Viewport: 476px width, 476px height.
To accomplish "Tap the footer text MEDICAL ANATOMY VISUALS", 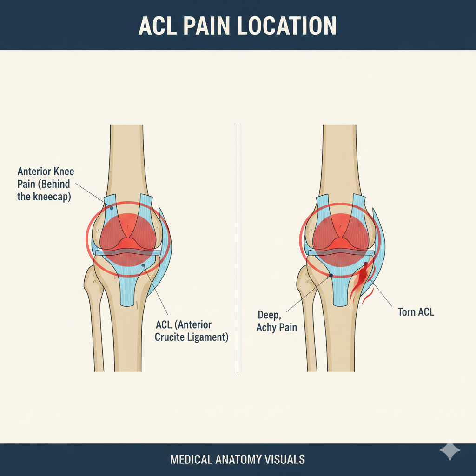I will pyautogui.click(x=238, y=460).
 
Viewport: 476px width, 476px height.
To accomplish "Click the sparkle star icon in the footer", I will pyautogui.click(x=450, y=450).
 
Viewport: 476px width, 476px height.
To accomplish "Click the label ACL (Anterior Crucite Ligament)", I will pyautogui.click(x=192, y=331).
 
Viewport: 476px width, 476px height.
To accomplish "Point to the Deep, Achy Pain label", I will pyautogui.click(x=277, y=321).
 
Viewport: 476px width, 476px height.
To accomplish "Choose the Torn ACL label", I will pyautogui.click(x=416, y=312).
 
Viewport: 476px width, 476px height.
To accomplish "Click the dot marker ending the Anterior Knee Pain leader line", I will pyautogui.click(x=112, y=208).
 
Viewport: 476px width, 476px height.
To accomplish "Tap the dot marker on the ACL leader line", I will pyautogui.click(x=143, y=265).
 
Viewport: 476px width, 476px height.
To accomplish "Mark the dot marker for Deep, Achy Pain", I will pyautogui.click(x=331, y=275).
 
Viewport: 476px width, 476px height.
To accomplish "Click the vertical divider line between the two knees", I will pyautogui.click(x=238, y=246).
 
